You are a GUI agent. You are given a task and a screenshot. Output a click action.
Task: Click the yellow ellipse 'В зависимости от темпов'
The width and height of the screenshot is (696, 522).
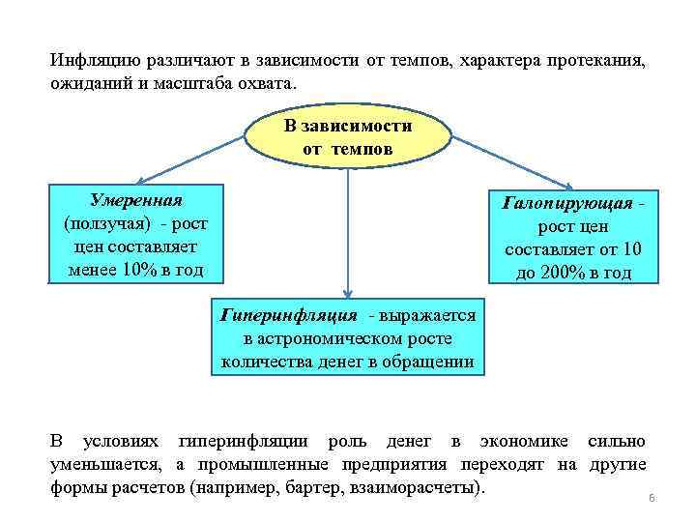click(x=347, y=138)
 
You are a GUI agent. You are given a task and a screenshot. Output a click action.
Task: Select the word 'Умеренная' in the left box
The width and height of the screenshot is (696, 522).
click(x=135, y=200)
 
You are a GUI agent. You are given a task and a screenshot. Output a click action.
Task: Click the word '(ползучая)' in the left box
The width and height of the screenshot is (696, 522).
click(x=100, y=223)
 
